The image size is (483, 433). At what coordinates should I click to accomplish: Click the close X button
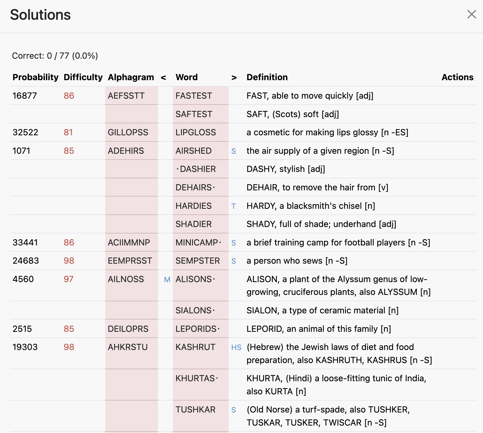[x=471, y=14]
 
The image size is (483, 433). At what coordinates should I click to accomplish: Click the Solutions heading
[x=40, y=15]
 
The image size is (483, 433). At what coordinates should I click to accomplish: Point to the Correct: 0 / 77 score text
[x=55, y=56]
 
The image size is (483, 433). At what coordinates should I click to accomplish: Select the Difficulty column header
[x=83, y=77]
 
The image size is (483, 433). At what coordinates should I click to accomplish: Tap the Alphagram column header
[x=131, y=77]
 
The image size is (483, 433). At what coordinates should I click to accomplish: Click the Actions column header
[x=457, y=77]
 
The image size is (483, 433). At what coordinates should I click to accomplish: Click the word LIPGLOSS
[x=196, y=132]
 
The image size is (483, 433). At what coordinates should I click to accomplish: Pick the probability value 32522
[x=25, y=132]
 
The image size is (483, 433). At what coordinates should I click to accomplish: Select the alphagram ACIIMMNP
[x=129, y=242]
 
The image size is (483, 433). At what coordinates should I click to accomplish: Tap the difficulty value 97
[x=69, y=279]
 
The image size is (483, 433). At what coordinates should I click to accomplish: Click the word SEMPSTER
[x=198, y=261]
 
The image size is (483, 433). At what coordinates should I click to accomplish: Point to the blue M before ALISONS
[x=167, y=280]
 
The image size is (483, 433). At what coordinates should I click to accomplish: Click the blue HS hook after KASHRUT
[x=236, y=347]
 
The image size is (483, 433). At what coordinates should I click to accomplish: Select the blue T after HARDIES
[x=234, y=206]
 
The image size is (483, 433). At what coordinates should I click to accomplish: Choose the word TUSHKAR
[x=195, y=409]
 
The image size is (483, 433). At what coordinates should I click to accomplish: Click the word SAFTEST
[x=194, y=114]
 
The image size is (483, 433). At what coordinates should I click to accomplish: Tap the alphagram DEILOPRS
[x=128, y=329]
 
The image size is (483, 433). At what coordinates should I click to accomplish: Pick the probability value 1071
[x=21, y=151]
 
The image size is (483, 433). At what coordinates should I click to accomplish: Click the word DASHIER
[x=198, y=169]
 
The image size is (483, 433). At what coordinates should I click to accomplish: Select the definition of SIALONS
[x=322, y=310]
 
